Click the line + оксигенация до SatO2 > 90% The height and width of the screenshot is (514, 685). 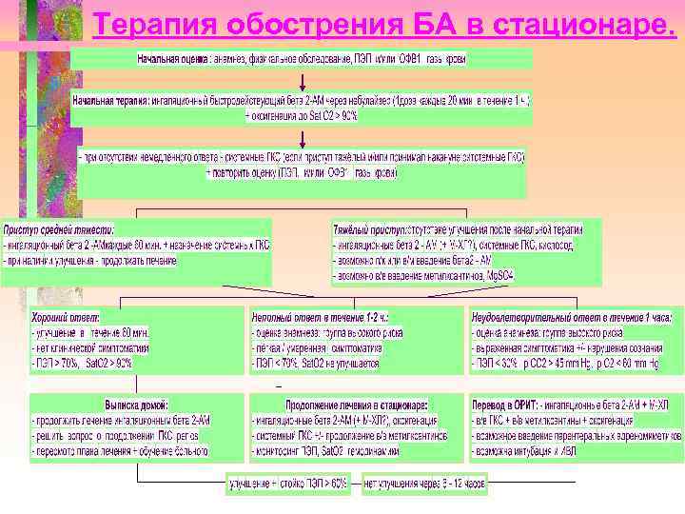302,114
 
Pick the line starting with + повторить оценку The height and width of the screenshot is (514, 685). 301,173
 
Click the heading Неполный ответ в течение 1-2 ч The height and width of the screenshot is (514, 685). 318,316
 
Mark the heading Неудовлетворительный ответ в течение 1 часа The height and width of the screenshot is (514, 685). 571,316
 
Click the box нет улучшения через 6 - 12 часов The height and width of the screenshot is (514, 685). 424,484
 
